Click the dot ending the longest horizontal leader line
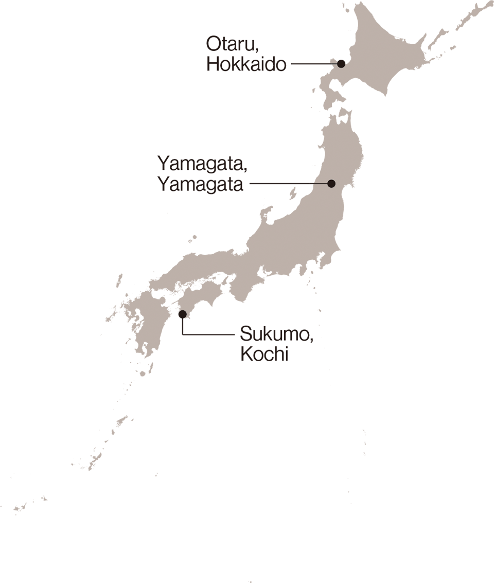click(331, 183)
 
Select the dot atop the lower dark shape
click(182, 312)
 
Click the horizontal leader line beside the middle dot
click(321, 183)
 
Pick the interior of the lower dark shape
click(242, 370)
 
